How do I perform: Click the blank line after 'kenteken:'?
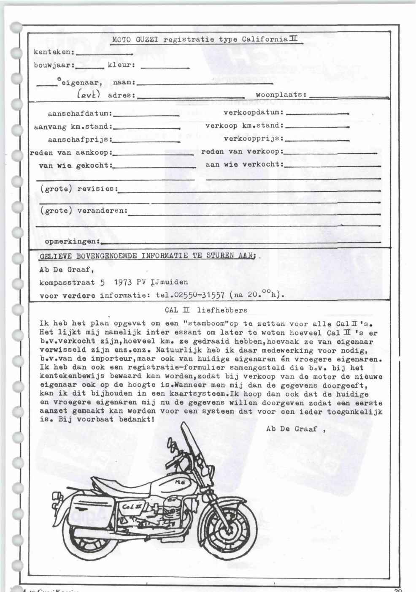tap(105, 54)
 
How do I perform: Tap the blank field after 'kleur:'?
tap(165, 67)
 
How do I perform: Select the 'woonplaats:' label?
tap(281, 95)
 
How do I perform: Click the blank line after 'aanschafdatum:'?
tap(147, 114)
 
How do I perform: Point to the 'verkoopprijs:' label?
tap(254, 138)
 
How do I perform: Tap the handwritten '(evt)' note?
tap(88, 95)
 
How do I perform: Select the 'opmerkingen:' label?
tap(73, 242)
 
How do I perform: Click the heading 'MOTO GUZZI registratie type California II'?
tap(205, 40)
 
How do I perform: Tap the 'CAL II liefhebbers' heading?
tap(206, 310)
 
